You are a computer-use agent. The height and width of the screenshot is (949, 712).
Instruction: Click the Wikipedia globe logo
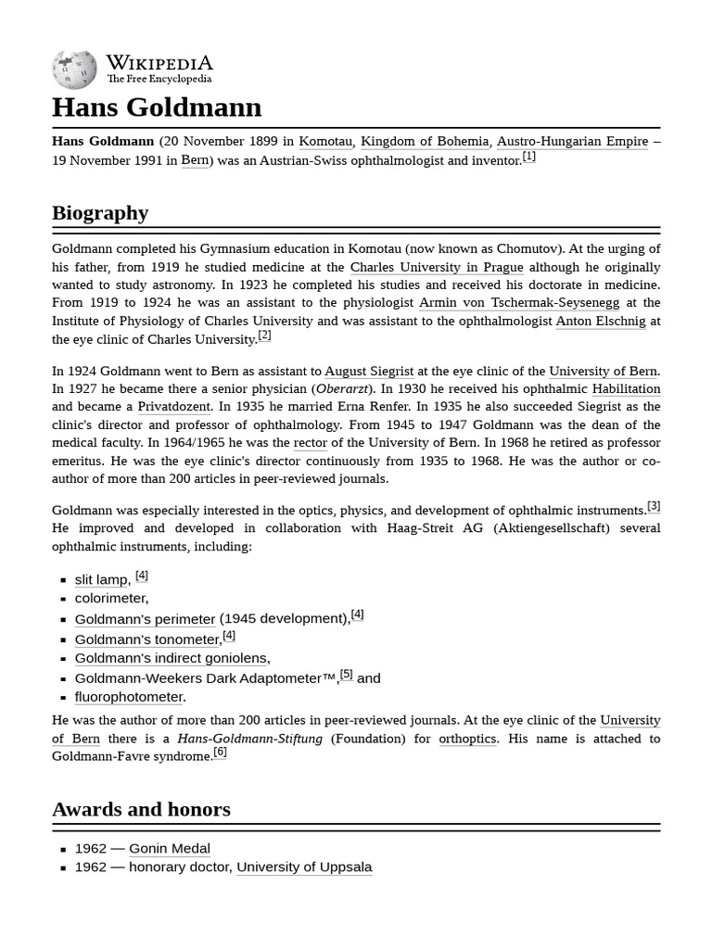click(74, 70)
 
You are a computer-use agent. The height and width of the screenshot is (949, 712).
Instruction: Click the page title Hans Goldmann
click(157, 108)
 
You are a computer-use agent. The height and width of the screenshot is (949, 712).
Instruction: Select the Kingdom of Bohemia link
click(425, 142)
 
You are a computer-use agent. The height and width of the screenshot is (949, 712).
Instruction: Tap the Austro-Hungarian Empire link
click(572, 142)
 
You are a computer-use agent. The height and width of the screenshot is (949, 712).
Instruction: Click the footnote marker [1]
click(528, 157)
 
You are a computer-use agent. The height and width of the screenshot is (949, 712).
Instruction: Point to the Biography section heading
click(100, 213)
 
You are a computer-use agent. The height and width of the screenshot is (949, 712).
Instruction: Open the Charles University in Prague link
click(437, 267)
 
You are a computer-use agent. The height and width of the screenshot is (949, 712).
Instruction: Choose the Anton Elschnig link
click(601, 322)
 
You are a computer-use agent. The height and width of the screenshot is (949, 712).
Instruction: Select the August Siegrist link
click(369, 372)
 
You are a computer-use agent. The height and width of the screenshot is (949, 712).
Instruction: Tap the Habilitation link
click(626, 389)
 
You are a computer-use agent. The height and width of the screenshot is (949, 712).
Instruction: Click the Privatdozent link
click(174, 407)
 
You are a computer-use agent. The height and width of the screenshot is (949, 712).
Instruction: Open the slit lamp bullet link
click(101, 580)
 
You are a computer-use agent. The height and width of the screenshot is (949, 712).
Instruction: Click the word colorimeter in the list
click(110, 599)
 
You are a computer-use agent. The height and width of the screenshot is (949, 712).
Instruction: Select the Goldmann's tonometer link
click(147, 639)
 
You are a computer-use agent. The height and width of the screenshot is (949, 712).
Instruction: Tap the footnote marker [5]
click(346, 675)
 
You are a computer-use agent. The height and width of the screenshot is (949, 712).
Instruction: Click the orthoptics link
click(467, 739)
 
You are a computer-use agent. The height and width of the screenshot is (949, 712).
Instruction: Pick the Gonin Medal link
click(169, 849)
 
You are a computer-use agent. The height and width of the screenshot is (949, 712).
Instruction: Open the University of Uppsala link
click(304, 867)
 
